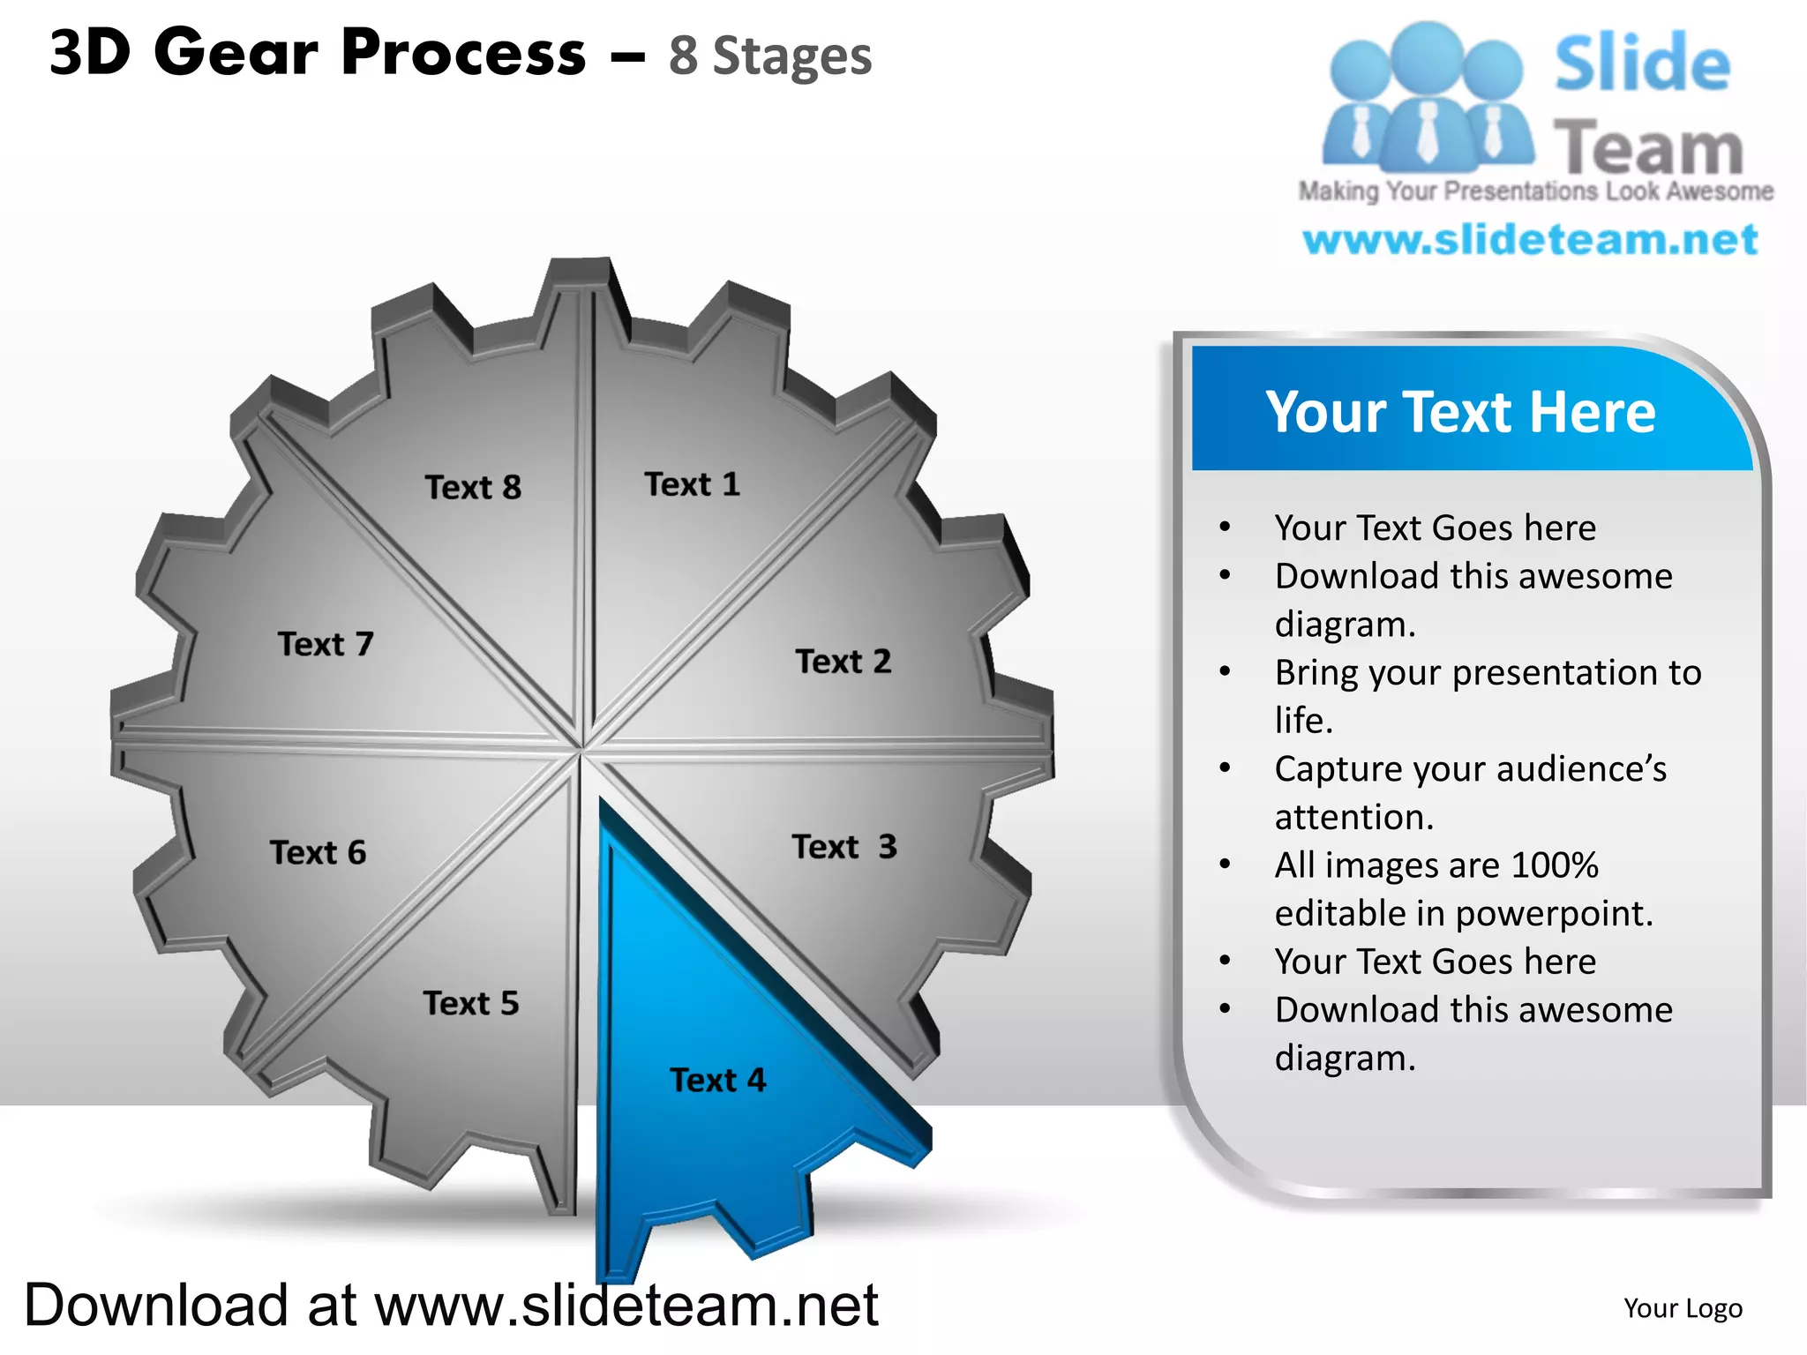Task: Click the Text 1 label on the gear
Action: click(692, 484)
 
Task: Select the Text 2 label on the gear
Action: click(843, 661)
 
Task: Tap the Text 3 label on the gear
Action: click(844, 847)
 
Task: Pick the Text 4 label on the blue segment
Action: click(717, 1080)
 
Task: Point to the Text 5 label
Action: click(470, 1003)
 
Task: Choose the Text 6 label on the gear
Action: click(318, 852)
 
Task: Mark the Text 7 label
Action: click(326, 644)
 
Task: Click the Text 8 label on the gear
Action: click(473, 487)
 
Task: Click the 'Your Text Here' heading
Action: click(1460, 412)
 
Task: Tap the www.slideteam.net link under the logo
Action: click(1530, 240)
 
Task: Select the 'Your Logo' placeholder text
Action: click(1683, 1307)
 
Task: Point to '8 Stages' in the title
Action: click(769, 56)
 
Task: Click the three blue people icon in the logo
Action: click(1426, 97)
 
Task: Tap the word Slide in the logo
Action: click(1642, 64)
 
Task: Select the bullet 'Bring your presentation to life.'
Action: click(1488, 696)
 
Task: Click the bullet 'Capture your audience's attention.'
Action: click(1470, 792)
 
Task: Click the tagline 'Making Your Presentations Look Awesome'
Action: click(1535, 191)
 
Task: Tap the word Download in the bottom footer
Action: click(156, 1305)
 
